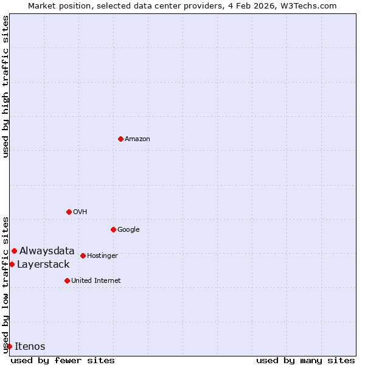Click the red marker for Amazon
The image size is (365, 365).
[x=120, y=139]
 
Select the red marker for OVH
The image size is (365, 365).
[x=69, y=212]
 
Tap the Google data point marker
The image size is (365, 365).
[x=113, y=229]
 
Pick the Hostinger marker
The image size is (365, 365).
[x=83, y=255]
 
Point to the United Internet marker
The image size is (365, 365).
[x=67, y=280]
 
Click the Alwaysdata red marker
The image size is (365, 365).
[x=14, y=251]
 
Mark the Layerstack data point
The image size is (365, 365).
[x=12, y=264]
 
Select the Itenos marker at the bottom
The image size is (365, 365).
[x=9, y=346]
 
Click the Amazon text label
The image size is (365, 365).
[x=137, y=139]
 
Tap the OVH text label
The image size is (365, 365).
[x=80, y=212]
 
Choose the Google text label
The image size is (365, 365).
[x=128, y=230]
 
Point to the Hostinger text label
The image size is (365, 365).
[x=102, y=256]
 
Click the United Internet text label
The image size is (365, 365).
[x=96, y=281]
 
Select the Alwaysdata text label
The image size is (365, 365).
[x=47, y=251]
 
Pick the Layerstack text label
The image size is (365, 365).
[x=43, y=264]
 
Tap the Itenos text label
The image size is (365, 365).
[x=30, y=346]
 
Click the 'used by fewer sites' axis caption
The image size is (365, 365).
[x=63, y=360]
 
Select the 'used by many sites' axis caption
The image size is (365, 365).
[x=305, y=360]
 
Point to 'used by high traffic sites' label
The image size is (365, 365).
[x=5, y=86]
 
